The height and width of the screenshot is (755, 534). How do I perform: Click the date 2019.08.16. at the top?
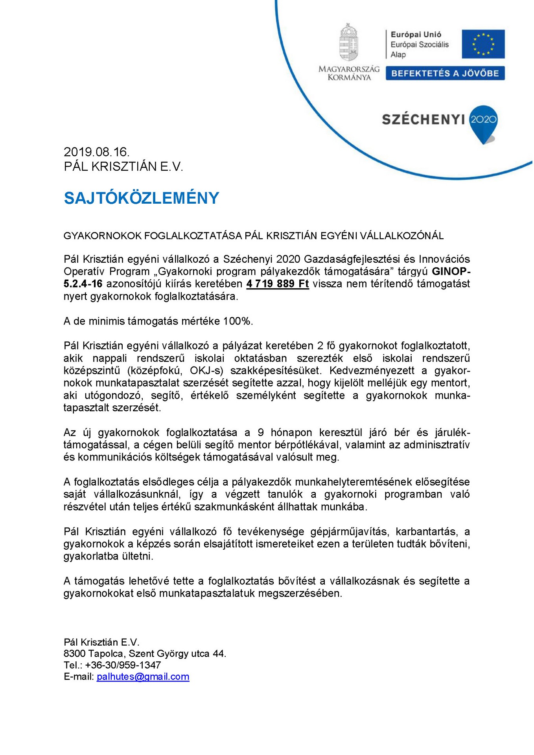(96, 152)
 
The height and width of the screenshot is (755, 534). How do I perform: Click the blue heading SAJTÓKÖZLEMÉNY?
(142, 198)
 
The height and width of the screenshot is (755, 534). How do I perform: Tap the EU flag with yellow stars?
(483, 44)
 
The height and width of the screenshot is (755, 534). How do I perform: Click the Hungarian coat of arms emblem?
(349, 42)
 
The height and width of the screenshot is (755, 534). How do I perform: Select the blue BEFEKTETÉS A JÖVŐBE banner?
(445, 74)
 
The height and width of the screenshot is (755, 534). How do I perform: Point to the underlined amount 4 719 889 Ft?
(278, 284)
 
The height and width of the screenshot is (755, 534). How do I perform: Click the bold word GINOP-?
(451, 271)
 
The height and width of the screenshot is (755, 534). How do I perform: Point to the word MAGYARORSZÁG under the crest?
(349, 69)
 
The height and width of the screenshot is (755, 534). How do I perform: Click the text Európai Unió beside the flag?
(416, 35)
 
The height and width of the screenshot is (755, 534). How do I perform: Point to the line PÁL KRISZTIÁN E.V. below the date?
(123, 167)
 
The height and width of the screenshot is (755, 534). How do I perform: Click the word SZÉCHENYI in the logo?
(423, 120)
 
